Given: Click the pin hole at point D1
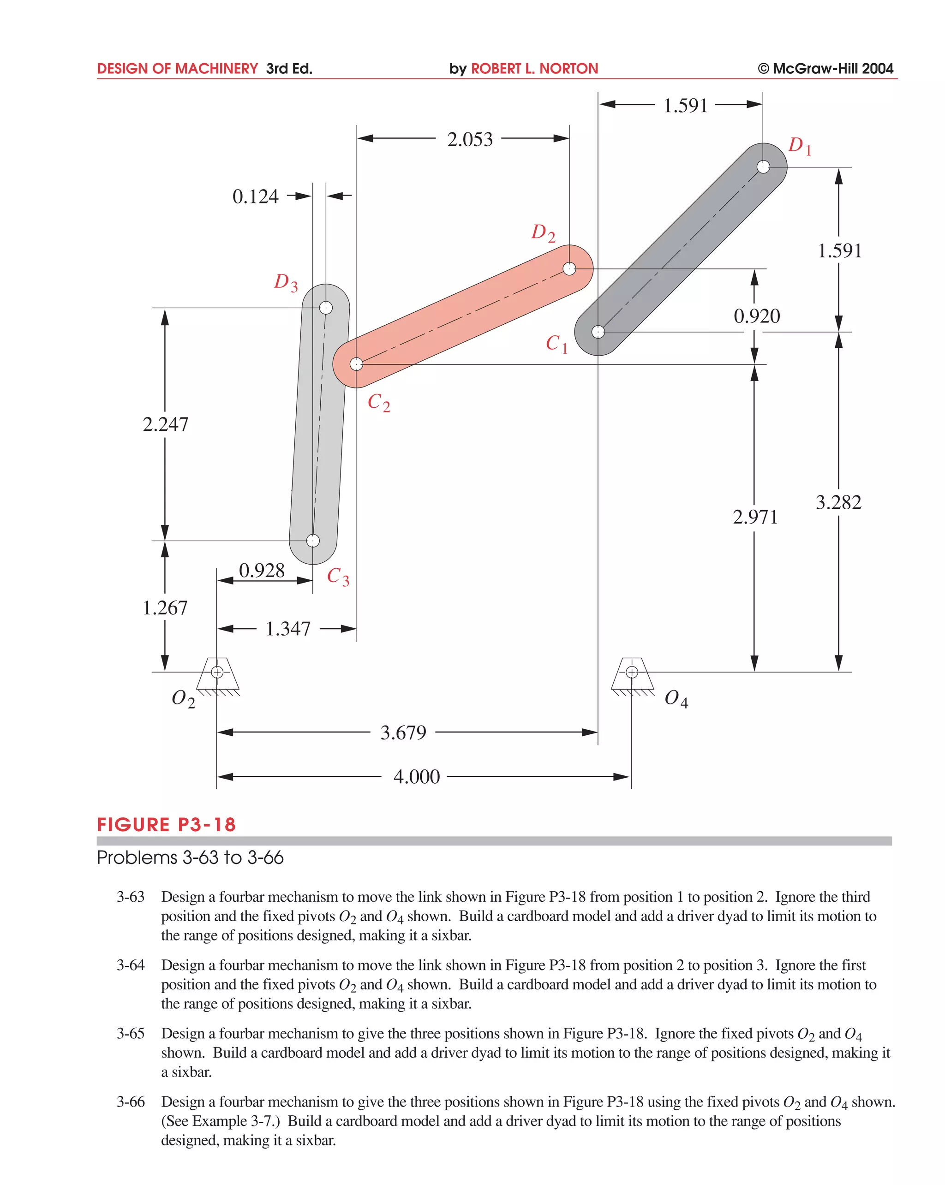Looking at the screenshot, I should [x=762, y=167].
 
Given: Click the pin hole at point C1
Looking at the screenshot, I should [x=598, y=332].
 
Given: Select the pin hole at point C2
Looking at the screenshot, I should [x=356, y=364].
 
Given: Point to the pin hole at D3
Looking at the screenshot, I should [x=325, y=307].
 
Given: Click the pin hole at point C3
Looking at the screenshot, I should [x=313, y=541].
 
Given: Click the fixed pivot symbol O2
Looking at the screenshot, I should [x=217, y=672].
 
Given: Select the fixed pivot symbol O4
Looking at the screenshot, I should [x=632, y=672].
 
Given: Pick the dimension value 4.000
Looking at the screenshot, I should [x=416, y=777].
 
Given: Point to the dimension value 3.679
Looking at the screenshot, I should [x=403, y=732].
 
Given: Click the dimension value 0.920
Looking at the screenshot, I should [x=756, y=316].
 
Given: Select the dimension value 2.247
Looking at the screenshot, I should [x=165, y=424].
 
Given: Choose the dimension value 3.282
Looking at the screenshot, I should [x=838, y=502].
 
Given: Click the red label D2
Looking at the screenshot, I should [x=543, y=232].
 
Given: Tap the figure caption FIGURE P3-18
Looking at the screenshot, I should [x=166, y=824].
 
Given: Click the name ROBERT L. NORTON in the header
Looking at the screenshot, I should [x=534, y=69].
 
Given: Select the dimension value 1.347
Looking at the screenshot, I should [x=287, y=629].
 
